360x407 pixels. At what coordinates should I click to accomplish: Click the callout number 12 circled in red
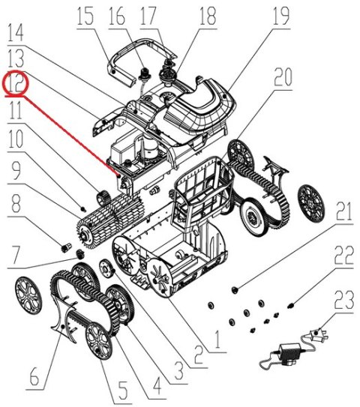tap(15, 85)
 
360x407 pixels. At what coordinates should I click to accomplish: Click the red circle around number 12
tap(15, 85)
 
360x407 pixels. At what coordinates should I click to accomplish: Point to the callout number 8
tap(15, 204)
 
